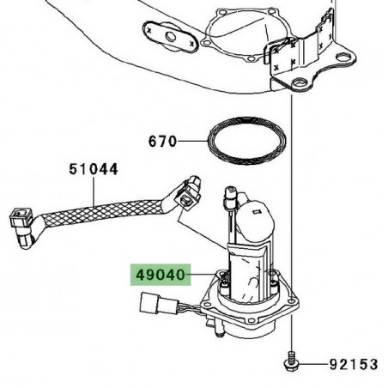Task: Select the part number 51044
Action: coord(94,170)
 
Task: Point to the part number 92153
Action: coord(354,365)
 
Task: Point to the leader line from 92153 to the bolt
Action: coord(314,365)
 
